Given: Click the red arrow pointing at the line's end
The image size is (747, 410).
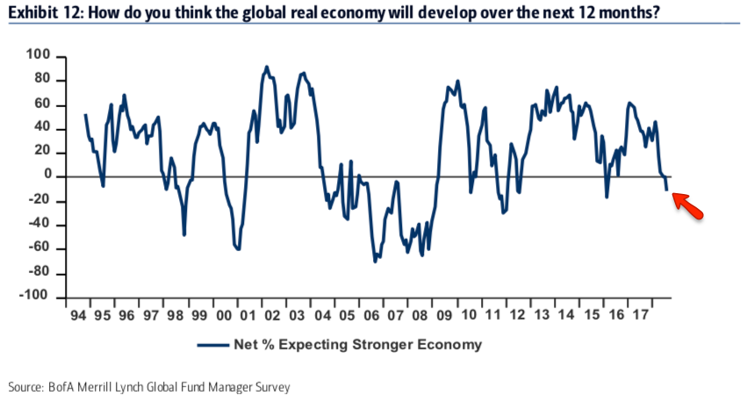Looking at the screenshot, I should pyautogui.click(x=688, y=207).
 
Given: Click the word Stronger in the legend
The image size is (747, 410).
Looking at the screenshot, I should pyautogui.click(x=385, y=345).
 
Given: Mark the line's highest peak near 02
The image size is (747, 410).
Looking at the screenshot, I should pyautogui.click(x=267, y=67).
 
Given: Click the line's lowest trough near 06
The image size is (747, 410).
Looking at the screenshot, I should pyautogui.click(x=375, y=261).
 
